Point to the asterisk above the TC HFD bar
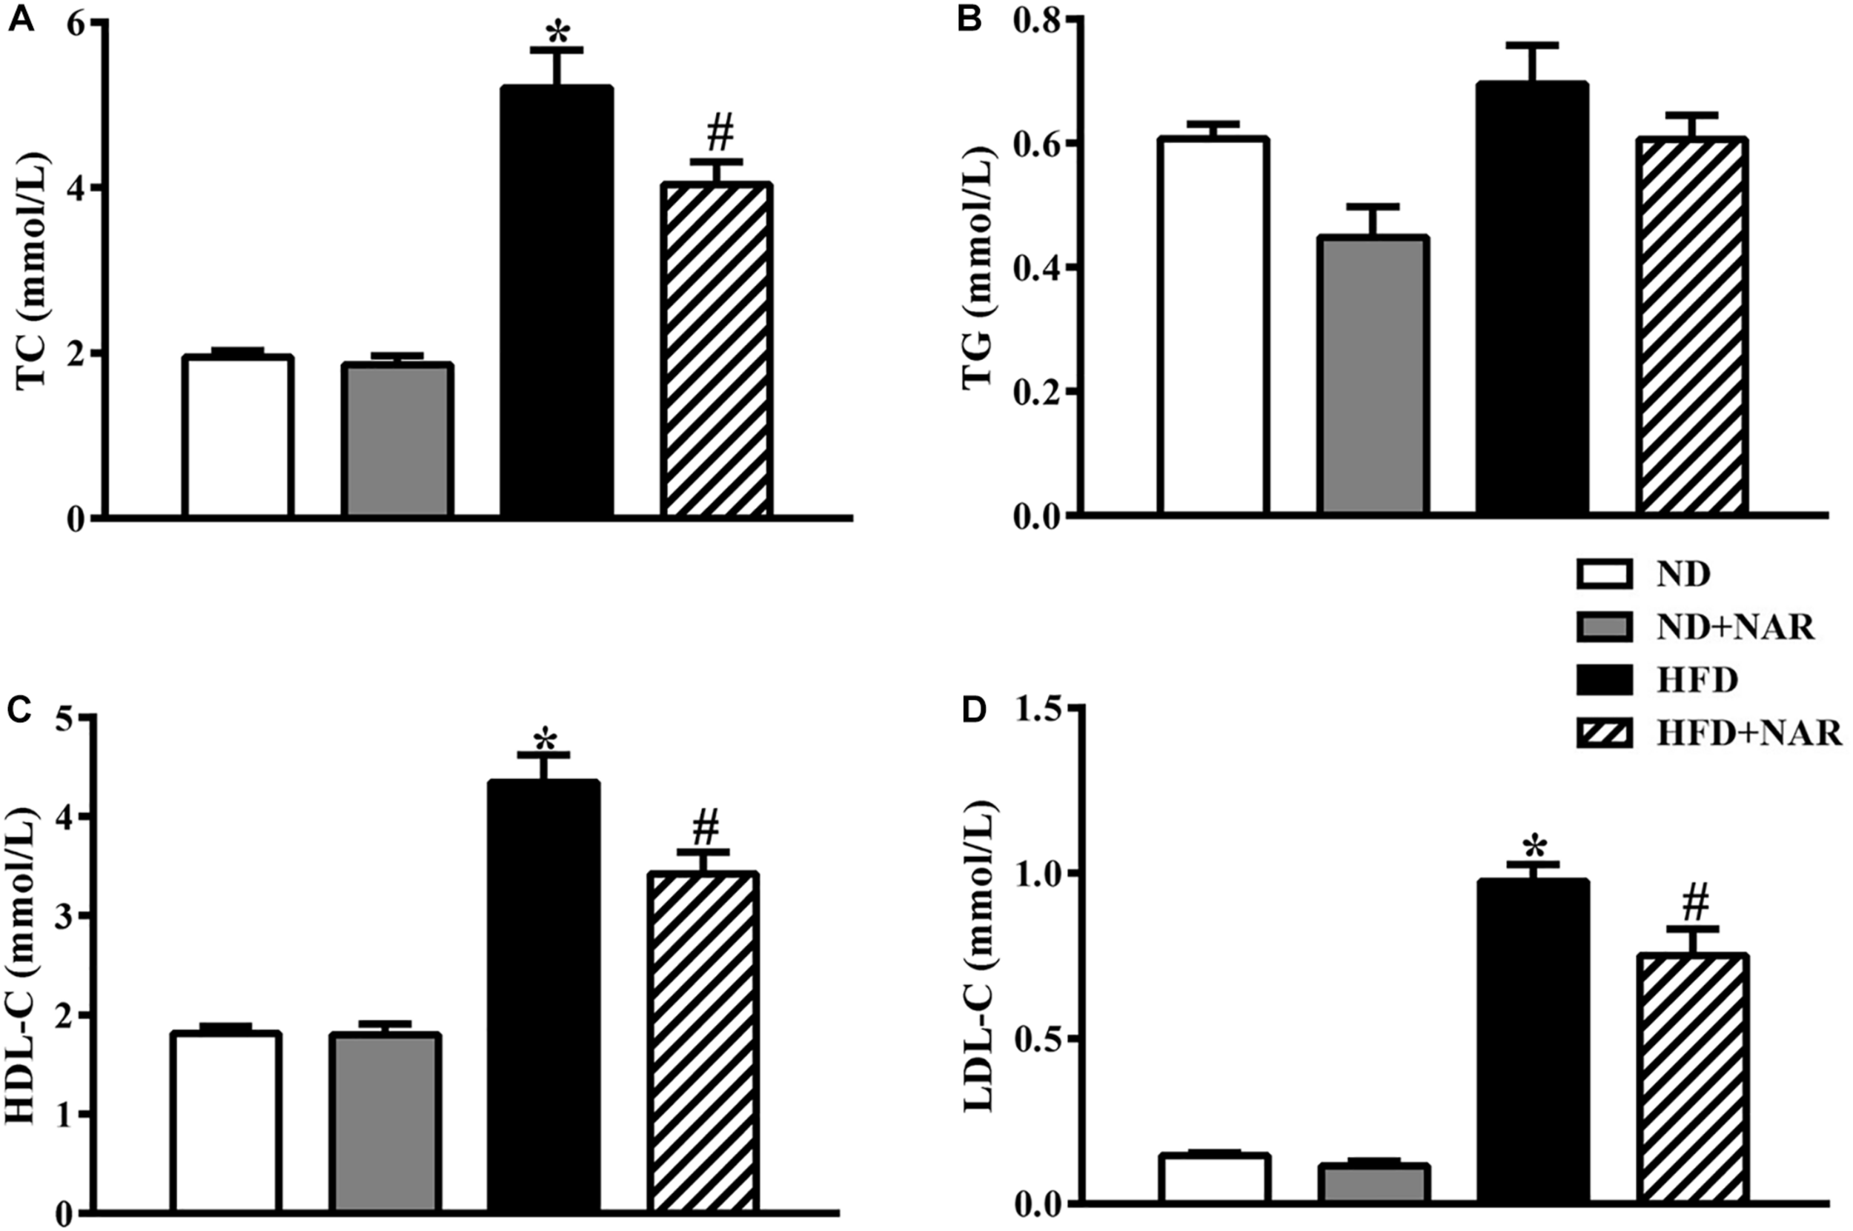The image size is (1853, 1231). [557, 33]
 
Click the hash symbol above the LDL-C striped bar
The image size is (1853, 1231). [1695, 905]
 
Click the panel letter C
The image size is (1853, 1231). [19, 710]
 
